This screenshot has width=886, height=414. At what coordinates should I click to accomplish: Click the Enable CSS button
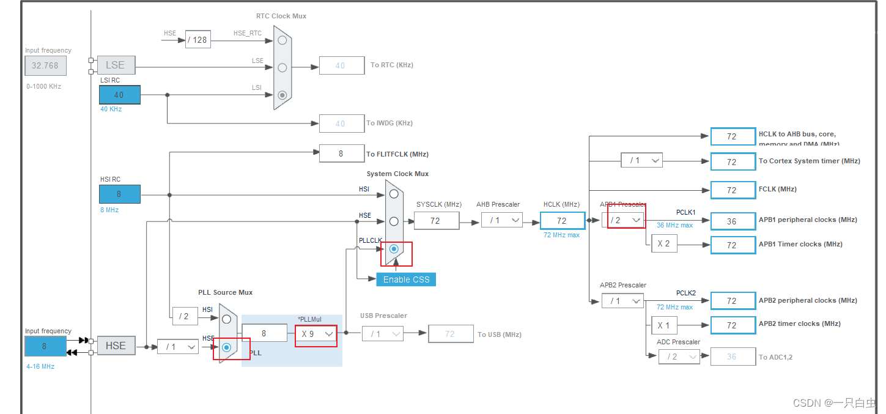pyautogui.click(x=406, y=279)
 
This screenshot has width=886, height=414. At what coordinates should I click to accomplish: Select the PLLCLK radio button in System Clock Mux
pyautogui.click(x=394, y=249)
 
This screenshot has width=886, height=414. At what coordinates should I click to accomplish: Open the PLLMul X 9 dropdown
pyautogui.click(x=316, y=334)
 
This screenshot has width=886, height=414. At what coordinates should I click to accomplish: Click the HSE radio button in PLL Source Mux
pyautogui.click(x=227, y=347)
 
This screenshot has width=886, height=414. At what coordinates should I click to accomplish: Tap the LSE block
pyautogui.click(x=116, y=65)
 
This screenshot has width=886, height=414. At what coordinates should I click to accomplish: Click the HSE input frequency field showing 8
pyautogui.click(x=45, y=346)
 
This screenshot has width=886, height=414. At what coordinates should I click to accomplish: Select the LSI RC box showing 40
pyautogui.click(x=119, y=95)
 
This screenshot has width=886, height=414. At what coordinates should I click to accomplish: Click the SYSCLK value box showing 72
pyautogui.click(x=436, y=221)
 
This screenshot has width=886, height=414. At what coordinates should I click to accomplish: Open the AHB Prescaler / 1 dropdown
pyautogui.click(x=501, y=220)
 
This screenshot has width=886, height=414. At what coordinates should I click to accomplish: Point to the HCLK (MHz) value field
pyautogui.click(x=562, y=221)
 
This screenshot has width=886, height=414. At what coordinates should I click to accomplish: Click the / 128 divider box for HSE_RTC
pyautogui.click(x=198, y=40)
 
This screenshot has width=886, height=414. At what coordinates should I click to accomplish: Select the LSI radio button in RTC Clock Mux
pyautogui.click(x=282, y=95)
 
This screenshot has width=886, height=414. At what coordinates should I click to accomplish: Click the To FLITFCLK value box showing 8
pyautogui.click(x=341, y=154)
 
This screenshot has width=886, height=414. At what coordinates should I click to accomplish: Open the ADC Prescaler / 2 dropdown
pyautogui.click(x=679, y=357)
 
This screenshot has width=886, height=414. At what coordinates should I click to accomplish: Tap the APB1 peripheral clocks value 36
pyautogui.click(x=732, y=221)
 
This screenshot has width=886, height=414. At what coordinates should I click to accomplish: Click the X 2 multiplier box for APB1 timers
pyautogui.click(x=663, y=243)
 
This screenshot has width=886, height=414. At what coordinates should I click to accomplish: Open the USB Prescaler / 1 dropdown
pyautogui.click(x=382, y=334)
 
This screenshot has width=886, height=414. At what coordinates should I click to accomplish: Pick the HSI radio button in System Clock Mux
pyautogui.click(x=394, y=194)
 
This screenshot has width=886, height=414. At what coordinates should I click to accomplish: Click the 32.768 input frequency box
pyautogui.click(x=45, y=65)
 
